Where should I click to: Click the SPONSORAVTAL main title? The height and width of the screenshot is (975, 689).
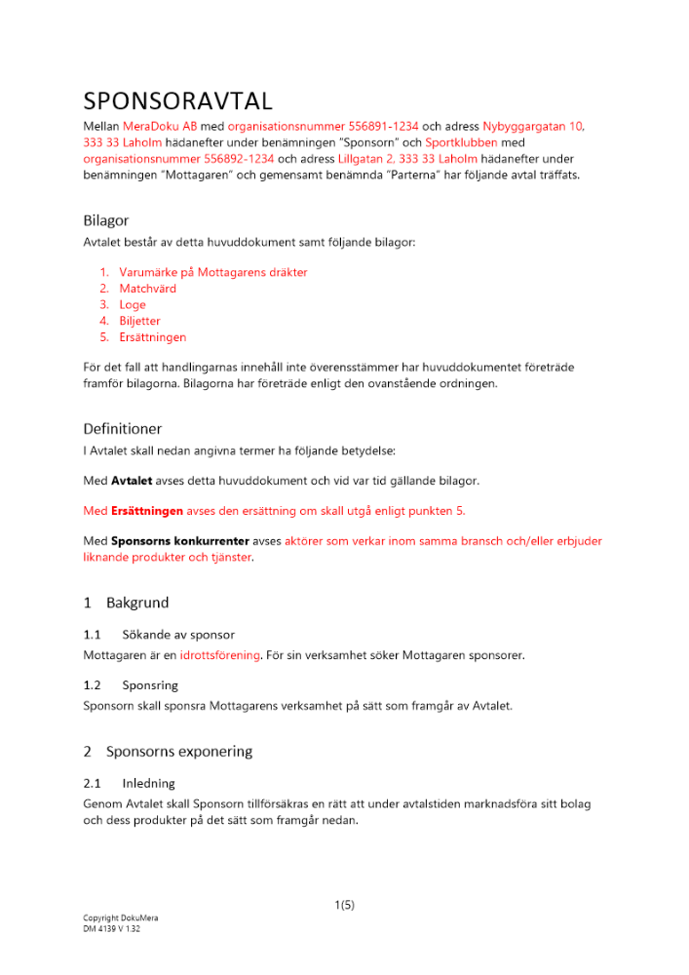pos(178,101)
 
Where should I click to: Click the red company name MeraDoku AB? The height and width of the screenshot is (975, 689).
pos(160,127)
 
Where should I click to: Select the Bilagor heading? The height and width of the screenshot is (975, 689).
pos(106,220)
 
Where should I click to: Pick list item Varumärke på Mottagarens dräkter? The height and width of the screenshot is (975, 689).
pos(212,273)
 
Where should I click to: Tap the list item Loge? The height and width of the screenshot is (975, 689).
pos(133,305)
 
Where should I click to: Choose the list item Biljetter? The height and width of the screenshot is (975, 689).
pos(139,321)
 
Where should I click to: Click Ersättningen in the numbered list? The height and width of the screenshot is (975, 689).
pos(152,337)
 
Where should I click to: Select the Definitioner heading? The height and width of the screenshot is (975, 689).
pos(123,428)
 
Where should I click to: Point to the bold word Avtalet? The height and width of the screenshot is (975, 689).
pos(132,481)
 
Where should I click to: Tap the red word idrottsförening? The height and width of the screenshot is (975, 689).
pos(219,655)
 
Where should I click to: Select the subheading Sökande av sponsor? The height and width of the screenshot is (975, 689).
pos(178,635)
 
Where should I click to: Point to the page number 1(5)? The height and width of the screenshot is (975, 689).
pos(344,905)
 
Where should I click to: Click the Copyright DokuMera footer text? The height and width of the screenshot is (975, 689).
pos(120,918)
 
